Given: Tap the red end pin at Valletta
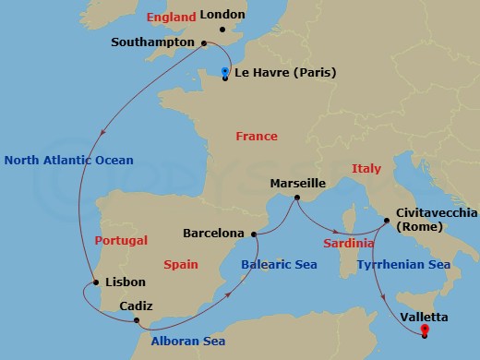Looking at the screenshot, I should (x=424, y=329).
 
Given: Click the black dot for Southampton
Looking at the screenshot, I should (x=204, y=42).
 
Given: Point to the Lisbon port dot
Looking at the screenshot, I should (x=95, y=282).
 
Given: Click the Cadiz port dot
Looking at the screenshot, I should (x=138, y=320).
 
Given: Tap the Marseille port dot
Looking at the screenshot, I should (x=296, y=198).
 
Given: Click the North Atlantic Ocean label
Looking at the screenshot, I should (x=69, y=160).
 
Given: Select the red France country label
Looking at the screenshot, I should (x=256, y=137).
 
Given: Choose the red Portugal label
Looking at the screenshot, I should (x=121, y=241).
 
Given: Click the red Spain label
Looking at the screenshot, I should (x=181, y=264).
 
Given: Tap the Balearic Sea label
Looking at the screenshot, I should (x=279, y=265).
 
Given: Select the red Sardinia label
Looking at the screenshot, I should (x=348, y=244).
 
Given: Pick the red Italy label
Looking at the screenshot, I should (x=366, y=168).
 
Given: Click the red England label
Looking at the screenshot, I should (x=170, y=17).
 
